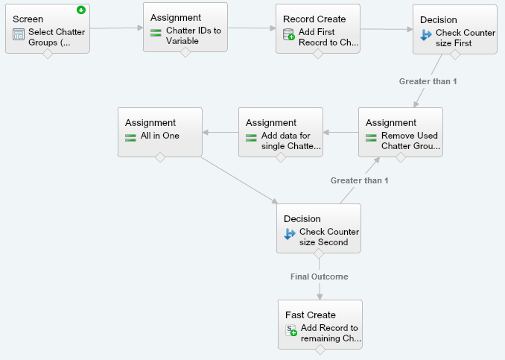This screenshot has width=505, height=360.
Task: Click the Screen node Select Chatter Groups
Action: [x=48, y=28]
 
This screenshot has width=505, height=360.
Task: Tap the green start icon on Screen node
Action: [x=80, y=10]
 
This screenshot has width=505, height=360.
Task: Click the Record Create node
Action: [x=317, y=28]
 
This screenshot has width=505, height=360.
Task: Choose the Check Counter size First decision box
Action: [x=454, y=28]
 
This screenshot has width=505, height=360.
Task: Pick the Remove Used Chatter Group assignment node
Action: [x=400, y=132]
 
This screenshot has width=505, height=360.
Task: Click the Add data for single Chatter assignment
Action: [x=281, y=132]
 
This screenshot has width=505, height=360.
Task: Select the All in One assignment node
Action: [x=159, y=132]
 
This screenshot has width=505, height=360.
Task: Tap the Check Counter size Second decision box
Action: [x=319, y=227]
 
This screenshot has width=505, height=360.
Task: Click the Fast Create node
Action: [x=320, y=324]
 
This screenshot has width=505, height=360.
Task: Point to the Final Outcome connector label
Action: [x=319, y=277]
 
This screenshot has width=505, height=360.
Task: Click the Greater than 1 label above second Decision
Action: [x=359, y=180]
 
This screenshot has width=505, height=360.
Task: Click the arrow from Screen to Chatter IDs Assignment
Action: [x=116, y=28]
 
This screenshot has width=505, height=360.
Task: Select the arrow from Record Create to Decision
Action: [x=386, y=30]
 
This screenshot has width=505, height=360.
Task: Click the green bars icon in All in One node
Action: [x=131, y=137]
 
